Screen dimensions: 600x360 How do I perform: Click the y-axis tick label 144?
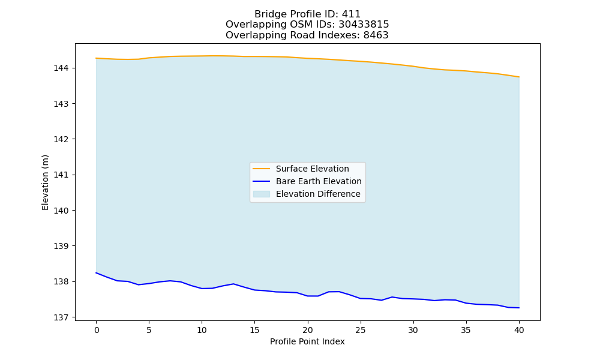coord(61,68)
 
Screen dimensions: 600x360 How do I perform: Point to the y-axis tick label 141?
coord(61,175)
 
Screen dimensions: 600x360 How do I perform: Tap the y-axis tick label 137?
coord(61,317)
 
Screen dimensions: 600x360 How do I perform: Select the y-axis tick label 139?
coord(61,246)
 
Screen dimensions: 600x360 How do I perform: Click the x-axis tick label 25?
coord(361,330)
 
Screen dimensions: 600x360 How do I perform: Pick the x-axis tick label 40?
coord(519,330)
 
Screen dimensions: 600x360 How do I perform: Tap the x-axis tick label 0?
coord(97,330)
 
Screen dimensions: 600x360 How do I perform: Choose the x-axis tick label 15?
coord(255,330)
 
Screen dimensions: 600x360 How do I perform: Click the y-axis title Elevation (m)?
coord(45,182)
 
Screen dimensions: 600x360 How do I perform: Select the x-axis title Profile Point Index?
coord(307,341)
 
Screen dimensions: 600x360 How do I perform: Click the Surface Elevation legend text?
coord(312,169)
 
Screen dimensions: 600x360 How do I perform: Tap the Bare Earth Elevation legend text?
coord(319,181)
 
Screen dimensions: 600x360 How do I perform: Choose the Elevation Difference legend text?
coord(318,194)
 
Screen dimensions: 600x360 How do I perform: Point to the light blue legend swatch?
coord(262,194)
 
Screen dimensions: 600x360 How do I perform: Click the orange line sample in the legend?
coord(262,169)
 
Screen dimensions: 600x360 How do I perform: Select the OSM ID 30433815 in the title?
coord(364,25)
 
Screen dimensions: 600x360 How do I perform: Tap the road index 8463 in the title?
coord(376,35)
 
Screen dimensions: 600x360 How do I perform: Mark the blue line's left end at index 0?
coord(96,273)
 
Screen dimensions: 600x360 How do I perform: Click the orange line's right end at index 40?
coord(519,77)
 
